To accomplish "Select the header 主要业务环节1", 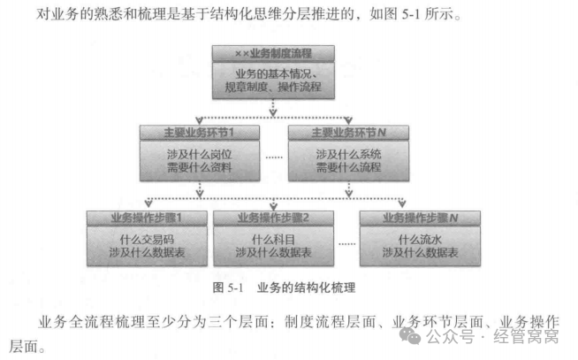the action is pos(199,133).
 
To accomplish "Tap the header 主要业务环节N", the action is pos(349,133).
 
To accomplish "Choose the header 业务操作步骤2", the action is pos(273,217).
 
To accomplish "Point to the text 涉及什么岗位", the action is pos(199,153).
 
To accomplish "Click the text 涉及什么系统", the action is pos(349,153).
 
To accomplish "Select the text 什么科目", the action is pos(273,238).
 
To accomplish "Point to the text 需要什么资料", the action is pos(199,168).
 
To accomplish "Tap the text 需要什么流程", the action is pos(349,168).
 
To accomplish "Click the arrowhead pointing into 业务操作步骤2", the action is pos(273,206).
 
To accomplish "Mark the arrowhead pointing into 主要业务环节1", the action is pos(199,122).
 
